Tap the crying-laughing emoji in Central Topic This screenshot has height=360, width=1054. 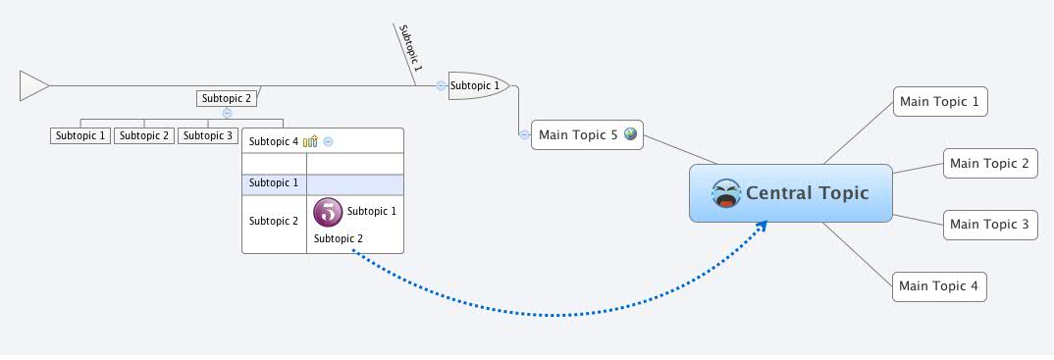tap(726, 193)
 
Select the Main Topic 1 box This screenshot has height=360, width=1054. tap(940, 101)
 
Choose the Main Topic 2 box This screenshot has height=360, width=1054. tap(989, 164)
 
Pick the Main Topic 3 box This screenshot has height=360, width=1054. tap(989, 224)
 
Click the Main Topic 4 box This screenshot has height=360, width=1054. tap(939, 286)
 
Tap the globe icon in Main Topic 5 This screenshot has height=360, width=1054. tap(630, 134)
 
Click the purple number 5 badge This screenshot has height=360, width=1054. tap(328, 211)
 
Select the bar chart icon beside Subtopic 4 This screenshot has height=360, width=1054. tap(310, 141)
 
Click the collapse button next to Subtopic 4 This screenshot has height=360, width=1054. tap(329, 141)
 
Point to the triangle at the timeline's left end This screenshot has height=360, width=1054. tap(32, 86)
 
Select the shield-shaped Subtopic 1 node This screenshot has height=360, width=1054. tap(477, 85)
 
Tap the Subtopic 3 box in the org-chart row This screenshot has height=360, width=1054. tap(208, 135)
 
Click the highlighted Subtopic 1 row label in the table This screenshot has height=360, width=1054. tap(274, 183)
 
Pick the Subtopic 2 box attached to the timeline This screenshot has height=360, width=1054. tap(226, 98)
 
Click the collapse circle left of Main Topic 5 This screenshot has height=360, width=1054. tap(524, 134)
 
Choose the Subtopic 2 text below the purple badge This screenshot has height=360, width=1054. tap(339, 238)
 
